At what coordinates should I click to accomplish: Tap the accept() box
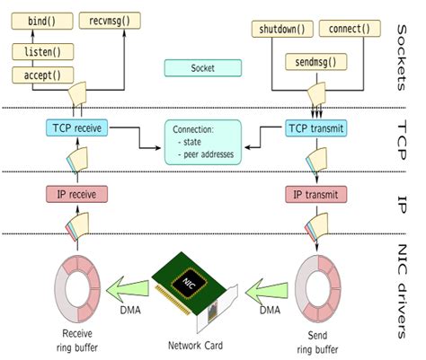[41, 75]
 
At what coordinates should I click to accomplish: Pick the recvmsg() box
[111, 19]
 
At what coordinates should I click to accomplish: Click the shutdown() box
[277, 28]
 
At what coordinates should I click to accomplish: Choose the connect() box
[343, 28]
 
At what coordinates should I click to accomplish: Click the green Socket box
[202, 67]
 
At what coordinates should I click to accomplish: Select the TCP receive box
[75, 129]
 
